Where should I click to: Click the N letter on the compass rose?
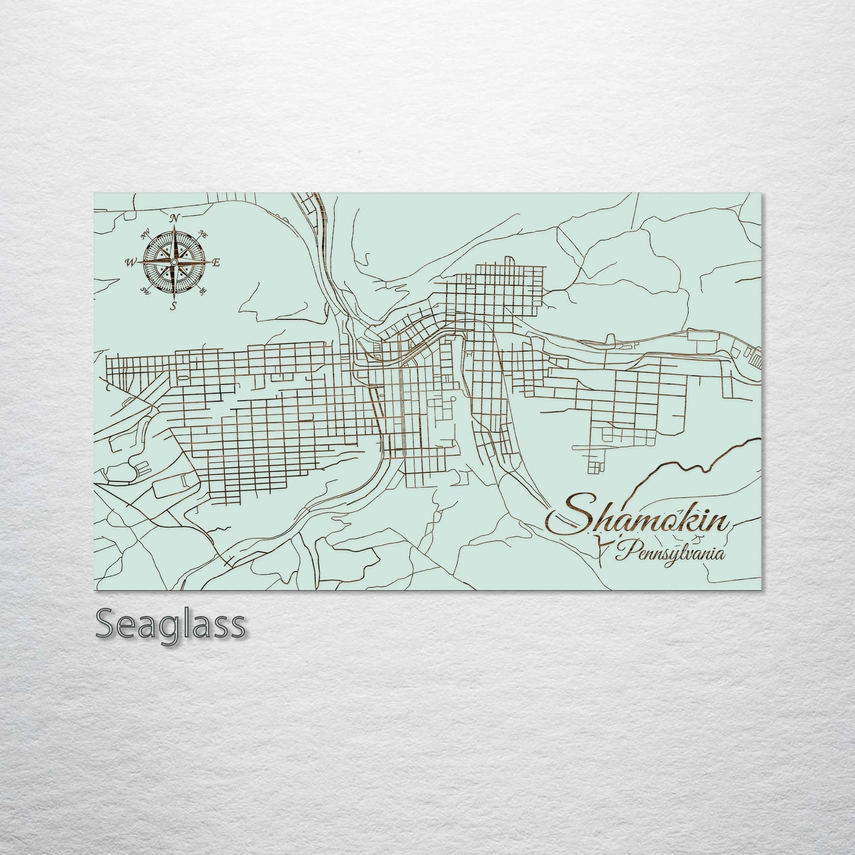click(175, 219)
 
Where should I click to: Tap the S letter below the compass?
click(173, 305)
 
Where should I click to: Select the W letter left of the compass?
click(130, 262)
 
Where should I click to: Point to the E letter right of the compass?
click(216, 263)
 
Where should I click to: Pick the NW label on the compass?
click(145, 234)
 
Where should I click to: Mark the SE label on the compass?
click(203, 291)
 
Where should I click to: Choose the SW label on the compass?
click(145, 290)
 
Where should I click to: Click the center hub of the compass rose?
click(174, 262)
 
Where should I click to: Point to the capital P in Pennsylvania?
click(622, 553)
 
